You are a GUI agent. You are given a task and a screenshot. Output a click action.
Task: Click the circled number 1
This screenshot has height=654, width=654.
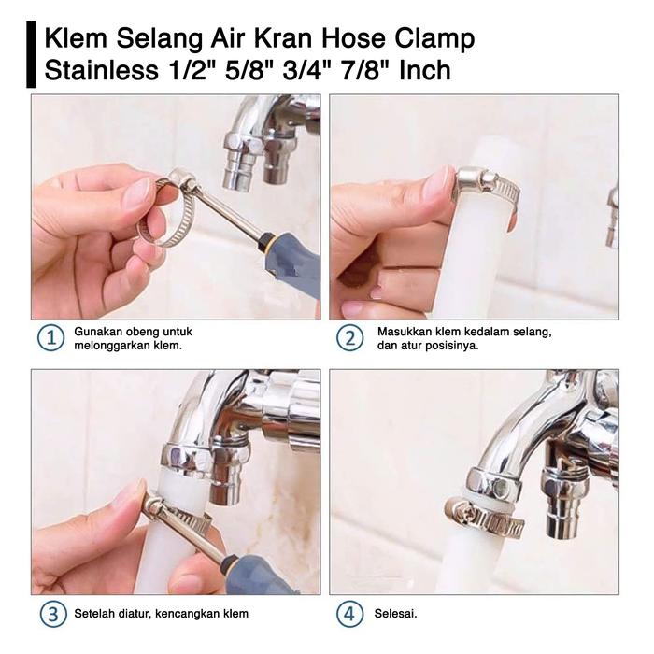(50, 338)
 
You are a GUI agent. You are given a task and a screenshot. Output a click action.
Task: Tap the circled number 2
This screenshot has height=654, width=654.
(349, 338)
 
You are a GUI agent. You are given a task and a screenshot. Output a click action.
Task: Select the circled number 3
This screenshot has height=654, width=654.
(53, 614)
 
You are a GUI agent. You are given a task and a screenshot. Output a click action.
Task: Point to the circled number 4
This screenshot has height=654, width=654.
(349, 614)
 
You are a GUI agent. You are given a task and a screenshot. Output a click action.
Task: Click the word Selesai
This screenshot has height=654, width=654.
(395, 614)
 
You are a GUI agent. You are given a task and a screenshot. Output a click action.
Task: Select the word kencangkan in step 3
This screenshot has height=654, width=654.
(189, 614)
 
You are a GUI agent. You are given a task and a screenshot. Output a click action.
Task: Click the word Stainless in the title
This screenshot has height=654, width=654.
(101, 70)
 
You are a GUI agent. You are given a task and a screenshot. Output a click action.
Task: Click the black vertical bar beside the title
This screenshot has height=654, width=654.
(31, 54)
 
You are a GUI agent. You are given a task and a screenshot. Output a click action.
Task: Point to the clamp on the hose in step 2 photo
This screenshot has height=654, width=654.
(487, 187)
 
